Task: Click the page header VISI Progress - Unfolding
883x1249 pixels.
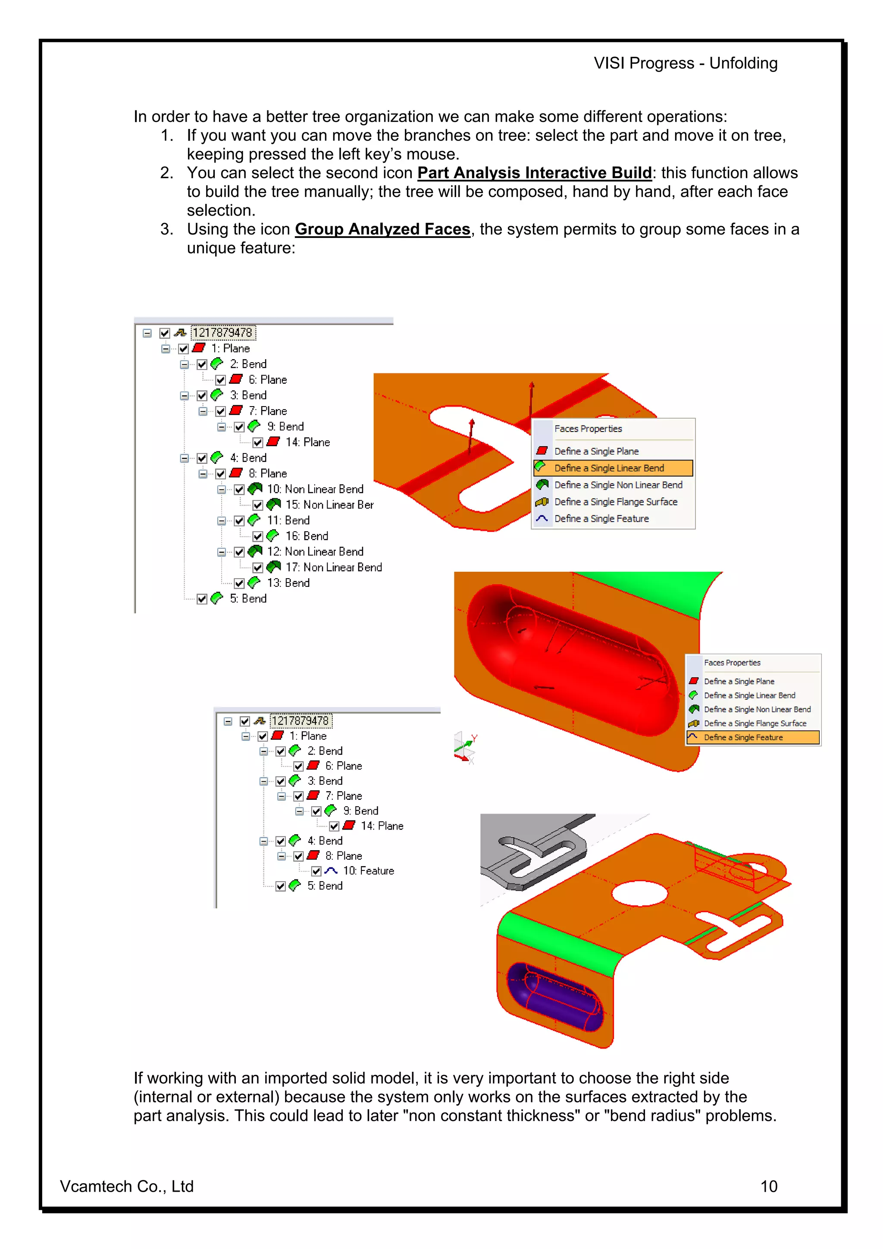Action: point(685,63)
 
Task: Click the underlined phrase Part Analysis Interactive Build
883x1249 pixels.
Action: point(534,173)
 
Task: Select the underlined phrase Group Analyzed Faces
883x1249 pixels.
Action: point(382,229)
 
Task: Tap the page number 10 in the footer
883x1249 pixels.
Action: point(768,1186)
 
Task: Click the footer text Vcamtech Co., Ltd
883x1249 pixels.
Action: point(126,1186)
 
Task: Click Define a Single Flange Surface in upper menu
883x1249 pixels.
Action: point(615,501)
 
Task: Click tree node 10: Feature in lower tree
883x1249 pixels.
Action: point(368,871)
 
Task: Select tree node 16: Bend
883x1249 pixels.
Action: point(306,536)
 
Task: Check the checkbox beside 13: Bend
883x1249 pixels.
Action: point(239,584)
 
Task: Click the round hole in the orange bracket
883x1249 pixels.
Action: point(639,894)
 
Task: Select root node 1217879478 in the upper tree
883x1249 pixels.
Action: point(222,332)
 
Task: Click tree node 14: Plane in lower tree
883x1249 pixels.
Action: point(382,826)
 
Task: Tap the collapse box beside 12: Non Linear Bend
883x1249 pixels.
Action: point(222,552)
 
